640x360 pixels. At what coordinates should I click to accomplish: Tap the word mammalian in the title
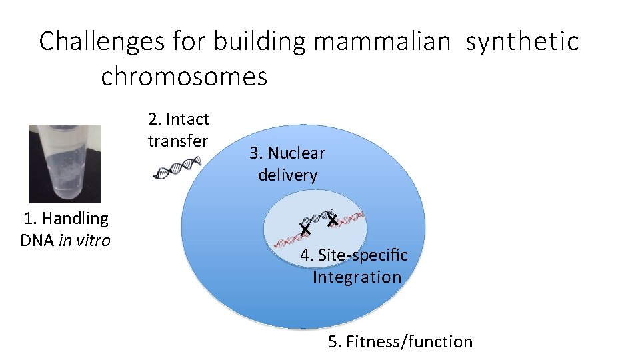tap(381, 41)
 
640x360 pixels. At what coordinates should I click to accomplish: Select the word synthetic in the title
tap(522, 41)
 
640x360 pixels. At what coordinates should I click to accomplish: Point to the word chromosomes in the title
tap(184, 77)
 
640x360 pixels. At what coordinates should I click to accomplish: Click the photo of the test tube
tap(65, 163)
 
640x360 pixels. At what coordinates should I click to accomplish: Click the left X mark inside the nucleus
tap(305, 229)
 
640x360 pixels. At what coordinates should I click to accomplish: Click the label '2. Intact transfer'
tap(178, 130)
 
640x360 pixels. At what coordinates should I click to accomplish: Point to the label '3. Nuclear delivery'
tap(287, 164)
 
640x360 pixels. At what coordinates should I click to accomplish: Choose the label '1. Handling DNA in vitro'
tap(65, 229)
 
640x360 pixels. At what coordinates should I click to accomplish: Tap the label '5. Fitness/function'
tap(400, 342)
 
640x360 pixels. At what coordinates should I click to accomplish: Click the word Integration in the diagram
tap(357, 277)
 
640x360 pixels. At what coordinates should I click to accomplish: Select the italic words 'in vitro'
tap(85, 241)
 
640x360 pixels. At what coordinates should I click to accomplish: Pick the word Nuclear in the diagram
tap(296, 153)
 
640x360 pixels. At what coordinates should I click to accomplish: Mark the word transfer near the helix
tap(178, 141)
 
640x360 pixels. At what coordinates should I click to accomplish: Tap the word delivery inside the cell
tap(287, 175)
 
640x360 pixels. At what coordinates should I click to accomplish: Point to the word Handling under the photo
tap(75, 218)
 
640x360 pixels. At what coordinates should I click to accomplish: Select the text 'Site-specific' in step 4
tap(363, 255)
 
